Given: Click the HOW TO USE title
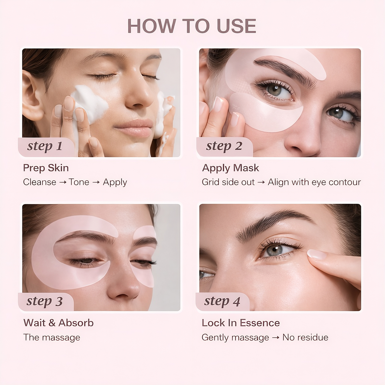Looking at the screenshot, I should [x=192, y=26].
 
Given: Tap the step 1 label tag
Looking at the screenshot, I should [x=45, y=146].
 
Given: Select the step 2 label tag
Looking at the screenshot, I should [x=224, y=146].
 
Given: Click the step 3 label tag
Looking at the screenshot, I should [x=45, y=301].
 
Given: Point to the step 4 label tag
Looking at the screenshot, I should [x=222, y=301].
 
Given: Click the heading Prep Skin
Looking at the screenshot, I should [x=46, y=168].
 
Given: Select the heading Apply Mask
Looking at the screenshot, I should [x=230, y=168].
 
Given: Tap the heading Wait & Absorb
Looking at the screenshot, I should [x=58, y=323].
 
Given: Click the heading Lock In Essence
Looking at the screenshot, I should [x=241, y=323].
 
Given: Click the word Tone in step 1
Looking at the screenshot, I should [x=79, y=182].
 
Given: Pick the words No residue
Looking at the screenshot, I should [x=305, y=337].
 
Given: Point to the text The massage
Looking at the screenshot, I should [x=51, y=337].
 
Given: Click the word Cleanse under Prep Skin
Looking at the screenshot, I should [x=40, y=182].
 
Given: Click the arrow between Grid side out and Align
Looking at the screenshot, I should [x=261, y=182].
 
